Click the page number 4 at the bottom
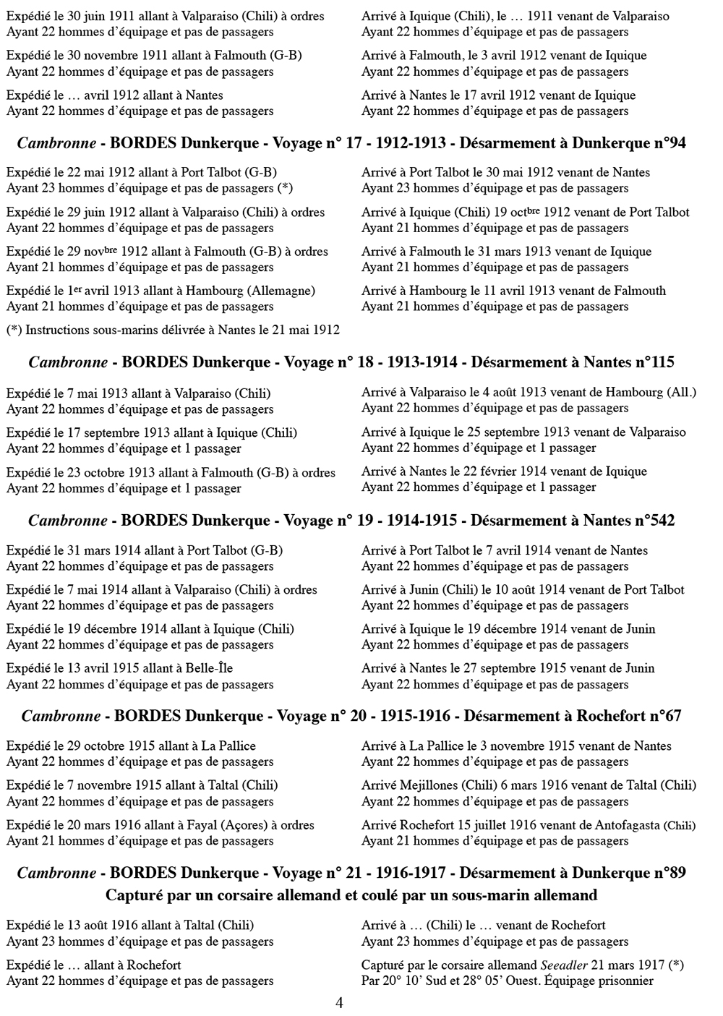click(x=339, y=1003)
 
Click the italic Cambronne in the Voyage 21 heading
click(x=56, y=873)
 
